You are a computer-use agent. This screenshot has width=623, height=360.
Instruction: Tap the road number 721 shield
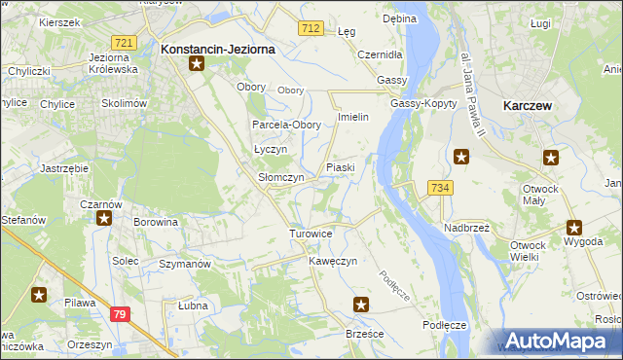pos(124,43)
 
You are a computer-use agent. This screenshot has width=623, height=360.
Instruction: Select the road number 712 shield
pos(311,29)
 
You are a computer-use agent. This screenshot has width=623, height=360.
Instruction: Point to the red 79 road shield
pos(119,313)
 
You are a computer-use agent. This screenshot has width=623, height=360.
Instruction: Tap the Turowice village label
pos(311,234)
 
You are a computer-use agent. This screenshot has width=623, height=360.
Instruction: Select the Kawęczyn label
pos(334,262)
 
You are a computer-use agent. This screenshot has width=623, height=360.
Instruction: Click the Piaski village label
pos(340,167)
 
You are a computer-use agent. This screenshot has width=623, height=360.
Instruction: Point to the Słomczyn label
pos(280,178)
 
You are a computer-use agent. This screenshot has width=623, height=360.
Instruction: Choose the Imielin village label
pos(351,117)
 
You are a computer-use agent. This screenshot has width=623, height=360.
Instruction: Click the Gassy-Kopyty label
pos(420,103)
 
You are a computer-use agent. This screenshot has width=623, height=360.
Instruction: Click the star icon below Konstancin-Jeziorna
pos(197,65)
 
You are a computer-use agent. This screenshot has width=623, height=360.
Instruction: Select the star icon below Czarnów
pos(104,219)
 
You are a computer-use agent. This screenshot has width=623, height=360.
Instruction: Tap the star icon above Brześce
pos(361,305)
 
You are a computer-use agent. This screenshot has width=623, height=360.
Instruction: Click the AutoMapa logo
pos(558,341)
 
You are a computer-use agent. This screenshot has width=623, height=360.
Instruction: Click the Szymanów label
pos(184,265)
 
